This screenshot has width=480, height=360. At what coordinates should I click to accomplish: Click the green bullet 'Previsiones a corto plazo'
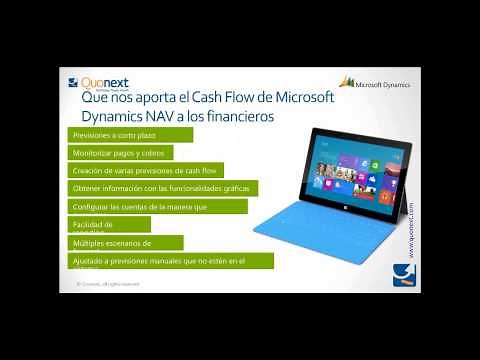point(112,134)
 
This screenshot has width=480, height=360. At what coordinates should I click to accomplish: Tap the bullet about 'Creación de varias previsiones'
point(146,170)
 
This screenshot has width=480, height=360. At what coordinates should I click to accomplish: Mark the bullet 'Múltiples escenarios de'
point(110,242)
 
